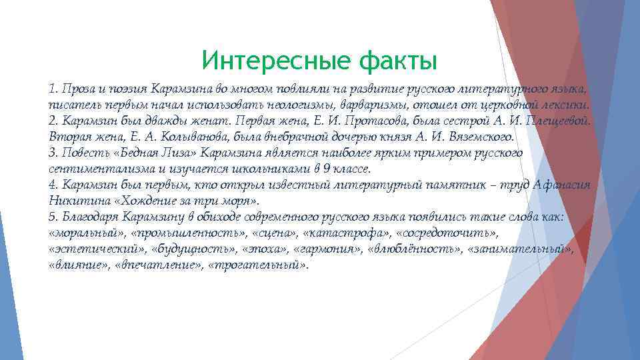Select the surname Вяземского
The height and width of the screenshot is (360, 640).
tap(476, 137)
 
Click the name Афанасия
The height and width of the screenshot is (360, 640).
tap(561, 185)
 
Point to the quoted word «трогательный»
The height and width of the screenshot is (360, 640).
tap(259, 265)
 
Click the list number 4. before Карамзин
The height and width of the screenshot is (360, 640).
tap(53, 185)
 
